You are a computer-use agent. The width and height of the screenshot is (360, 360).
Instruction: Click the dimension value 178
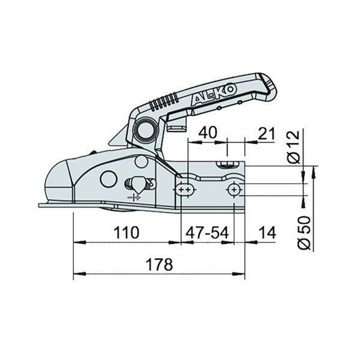(x=158, y=264)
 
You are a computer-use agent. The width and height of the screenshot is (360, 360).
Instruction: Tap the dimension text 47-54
(x=207, y=232)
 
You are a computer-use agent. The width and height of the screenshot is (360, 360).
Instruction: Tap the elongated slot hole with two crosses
(x=185, y=189)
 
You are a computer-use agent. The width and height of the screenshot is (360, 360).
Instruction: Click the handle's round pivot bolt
(x=146, y=128)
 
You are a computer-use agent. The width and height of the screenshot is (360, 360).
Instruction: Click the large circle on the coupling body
(x=108, y=178)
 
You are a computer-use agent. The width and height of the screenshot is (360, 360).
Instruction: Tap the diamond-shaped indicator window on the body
(x=137, y=184)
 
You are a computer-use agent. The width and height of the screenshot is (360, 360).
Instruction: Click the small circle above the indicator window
(x=141, y=161)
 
